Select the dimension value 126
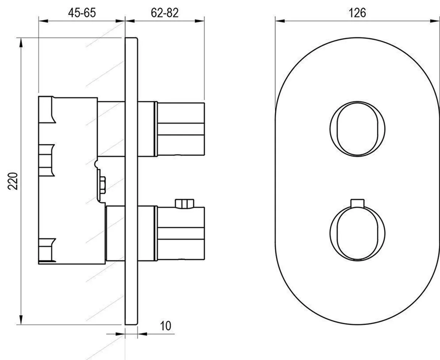pyautogui.click(x=357, y=12)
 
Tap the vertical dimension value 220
pyautogui.click(x=12, y=181)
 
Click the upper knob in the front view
pyautogui.click(x=357, y=129)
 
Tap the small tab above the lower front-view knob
pyautogui.click(x=357, y=202)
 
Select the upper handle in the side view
pyautogui.click(x=180, y=129)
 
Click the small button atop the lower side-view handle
pyautogui.click(x=184, y=203)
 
